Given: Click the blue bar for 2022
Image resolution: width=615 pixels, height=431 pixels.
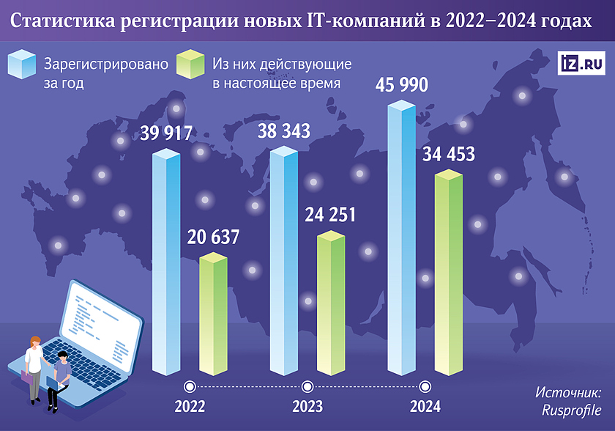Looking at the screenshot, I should [x=165, y=264].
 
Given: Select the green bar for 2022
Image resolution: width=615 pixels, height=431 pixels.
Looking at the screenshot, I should [x=214, y=315].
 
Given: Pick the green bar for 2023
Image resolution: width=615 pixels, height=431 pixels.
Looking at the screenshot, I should [x=331, y=304].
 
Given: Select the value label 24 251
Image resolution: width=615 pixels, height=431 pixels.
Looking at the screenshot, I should [x=329, y=215].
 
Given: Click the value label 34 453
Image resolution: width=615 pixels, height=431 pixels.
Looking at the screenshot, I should [x=448, y=155].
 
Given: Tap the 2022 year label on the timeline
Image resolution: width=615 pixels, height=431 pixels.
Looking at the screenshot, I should [x=190, y=406].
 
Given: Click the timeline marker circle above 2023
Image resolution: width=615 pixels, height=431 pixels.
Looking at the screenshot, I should [x=307, y=386].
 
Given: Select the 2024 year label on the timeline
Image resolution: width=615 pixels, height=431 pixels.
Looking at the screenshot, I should [x=425, y=406].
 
